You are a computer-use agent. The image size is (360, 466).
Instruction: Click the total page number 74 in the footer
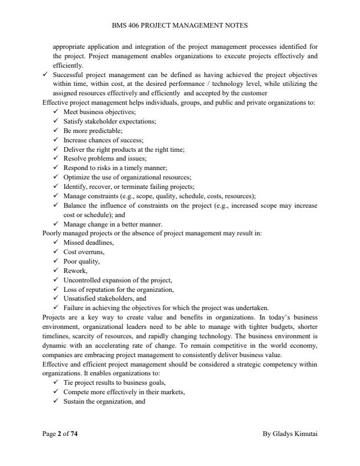[x=74, y=434]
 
